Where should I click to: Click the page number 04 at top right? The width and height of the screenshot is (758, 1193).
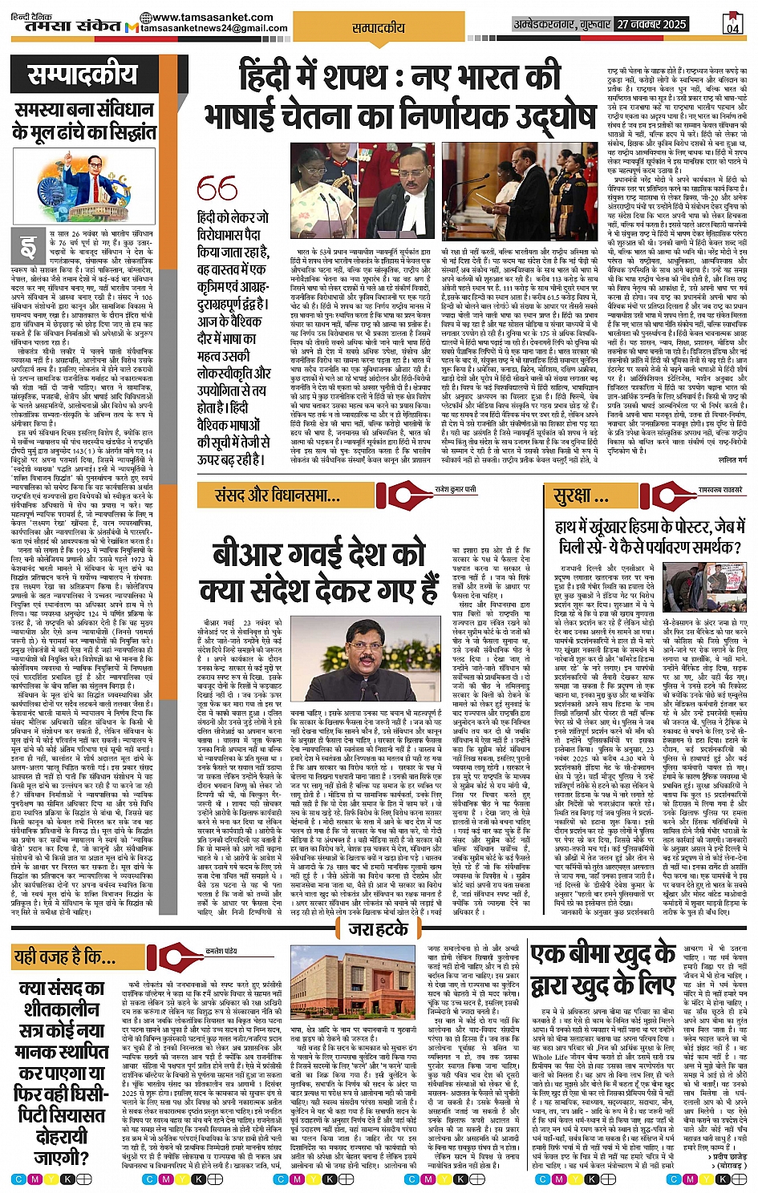click(732, 24)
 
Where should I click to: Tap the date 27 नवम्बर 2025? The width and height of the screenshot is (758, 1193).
click(652, 25)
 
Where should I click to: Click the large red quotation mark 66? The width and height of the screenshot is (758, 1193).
click(217, 189)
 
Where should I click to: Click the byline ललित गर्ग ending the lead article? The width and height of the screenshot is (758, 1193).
click(732, 460)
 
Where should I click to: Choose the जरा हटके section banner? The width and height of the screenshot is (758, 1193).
click(379, 930)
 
